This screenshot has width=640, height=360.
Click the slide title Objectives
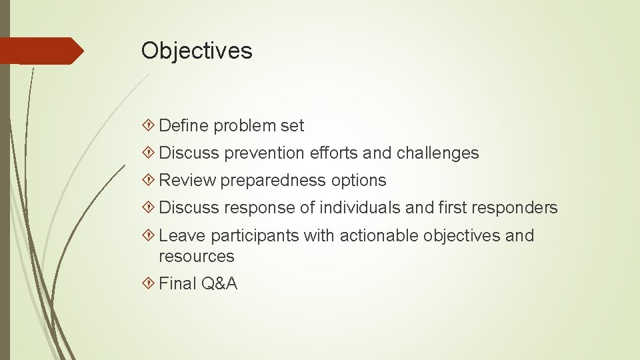point(197,51)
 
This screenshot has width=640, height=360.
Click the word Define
point(184,125)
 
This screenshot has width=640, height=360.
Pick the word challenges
point(437,153)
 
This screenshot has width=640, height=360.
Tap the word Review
point(188,180)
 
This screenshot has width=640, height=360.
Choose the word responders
point(514,208)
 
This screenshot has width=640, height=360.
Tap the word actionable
point(379,235)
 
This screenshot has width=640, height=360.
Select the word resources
point(197,256)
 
